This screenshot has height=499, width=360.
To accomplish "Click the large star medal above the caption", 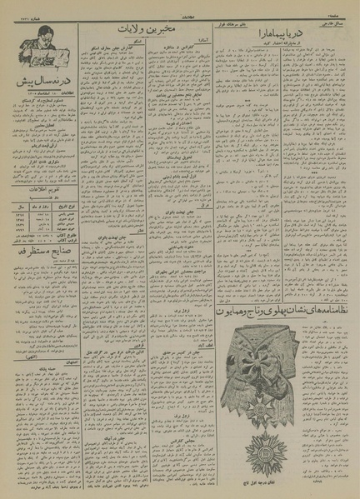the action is pyautogui.click(x=267, y=449).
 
